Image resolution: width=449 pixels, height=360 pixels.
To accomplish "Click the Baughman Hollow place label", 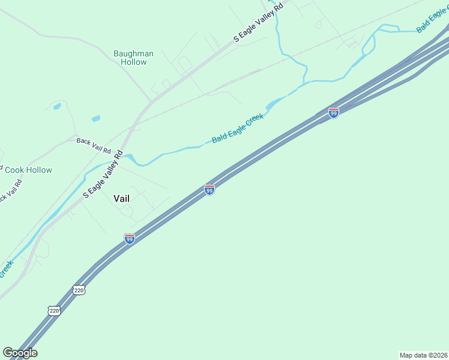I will pos(133,58).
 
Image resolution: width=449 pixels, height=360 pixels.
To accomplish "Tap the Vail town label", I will pos(121,198).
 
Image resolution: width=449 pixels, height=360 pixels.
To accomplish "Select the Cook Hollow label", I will pos(28,170).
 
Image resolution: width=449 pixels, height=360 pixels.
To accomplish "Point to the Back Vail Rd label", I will pos(94,145).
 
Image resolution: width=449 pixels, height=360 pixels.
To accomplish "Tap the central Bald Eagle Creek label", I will pos(238,128).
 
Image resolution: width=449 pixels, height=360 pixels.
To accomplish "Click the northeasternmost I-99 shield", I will pos(334,112).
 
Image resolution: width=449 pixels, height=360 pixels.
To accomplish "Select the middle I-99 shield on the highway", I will pos(209,190).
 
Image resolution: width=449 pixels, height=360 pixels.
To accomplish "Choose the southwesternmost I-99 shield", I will pos(130,239).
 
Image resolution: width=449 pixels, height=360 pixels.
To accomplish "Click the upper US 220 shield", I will pos(80,290).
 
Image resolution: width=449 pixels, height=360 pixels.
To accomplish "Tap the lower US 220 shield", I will pos(54,310).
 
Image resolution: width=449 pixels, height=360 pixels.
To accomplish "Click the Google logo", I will pos(20,352).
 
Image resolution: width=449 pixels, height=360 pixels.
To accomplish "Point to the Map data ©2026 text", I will pos(423,355).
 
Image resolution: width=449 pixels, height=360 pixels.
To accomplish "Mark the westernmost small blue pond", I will pos(57,107).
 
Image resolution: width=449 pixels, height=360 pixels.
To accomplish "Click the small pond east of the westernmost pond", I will pos(96,118).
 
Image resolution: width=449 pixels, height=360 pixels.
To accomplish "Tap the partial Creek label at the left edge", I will pos(6,268).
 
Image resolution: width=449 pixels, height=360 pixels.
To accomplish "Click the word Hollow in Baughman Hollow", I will pos(133,62).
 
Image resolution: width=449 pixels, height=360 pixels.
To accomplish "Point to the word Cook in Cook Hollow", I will pos(14,170).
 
